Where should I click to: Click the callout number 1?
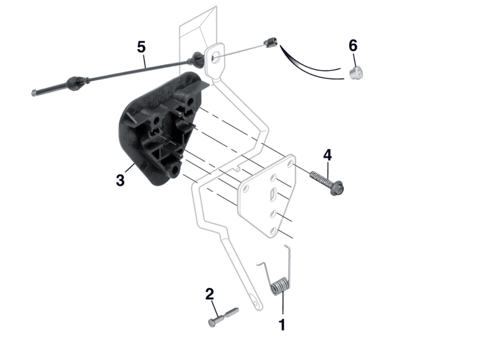(282, 325)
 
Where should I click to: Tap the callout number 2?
(209, 294)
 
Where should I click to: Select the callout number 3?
(120, 180)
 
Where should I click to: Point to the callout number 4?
(327, 155)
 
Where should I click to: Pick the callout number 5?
(141, 47)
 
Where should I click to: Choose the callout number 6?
(353, 45)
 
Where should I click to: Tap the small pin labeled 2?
(224, 317)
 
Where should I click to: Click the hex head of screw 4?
(337, 188)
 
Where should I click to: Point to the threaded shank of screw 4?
(320, 178)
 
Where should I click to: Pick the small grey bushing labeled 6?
(356, 73)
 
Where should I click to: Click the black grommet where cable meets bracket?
(197, 60)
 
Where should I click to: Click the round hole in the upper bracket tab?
(215, 57)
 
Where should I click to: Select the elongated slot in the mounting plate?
(274, 194)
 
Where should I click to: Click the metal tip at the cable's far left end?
(34, 92)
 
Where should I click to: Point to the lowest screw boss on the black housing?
(175, 170)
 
